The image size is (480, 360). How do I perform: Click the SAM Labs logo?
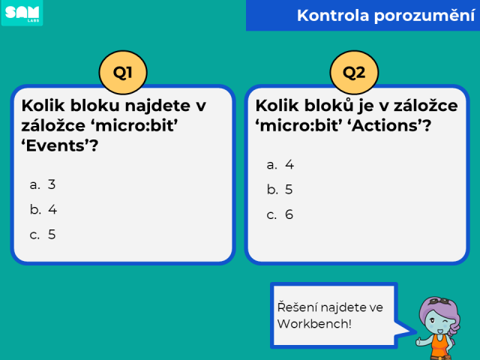[x=22, y=13]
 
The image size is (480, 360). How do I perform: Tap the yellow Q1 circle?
[x=123, y=73]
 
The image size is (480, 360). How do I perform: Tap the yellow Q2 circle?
[x=354, y=73]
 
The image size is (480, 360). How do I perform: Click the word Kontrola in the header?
[x=333, y=15]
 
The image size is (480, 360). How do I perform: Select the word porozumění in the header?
[x=424, y=16]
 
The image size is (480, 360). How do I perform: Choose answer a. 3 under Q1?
[x=43, y=184]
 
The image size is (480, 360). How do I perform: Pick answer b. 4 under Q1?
[x=43, y=210]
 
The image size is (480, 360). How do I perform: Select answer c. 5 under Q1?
[x=43, y=235]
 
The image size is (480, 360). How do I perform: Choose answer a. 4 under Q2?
[x=280, y=165]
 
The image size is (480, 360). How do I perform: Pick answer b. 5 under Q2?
[x=280, y=190]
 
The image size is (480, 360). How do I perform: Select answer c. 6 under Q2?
[x=280, y=214]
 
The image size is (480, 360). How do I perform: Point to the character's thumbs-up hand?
[x=420, y=340]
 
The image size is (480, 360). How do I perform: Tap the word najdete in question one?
[x=157, y=106]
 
